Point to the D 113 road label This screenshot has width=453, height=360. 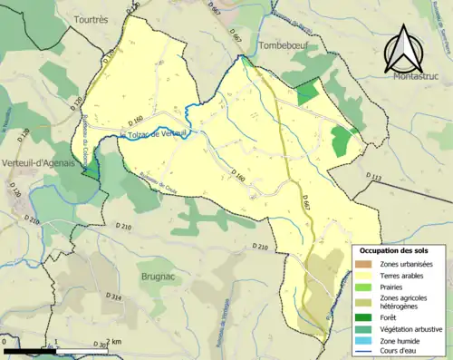click(373, 175)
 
